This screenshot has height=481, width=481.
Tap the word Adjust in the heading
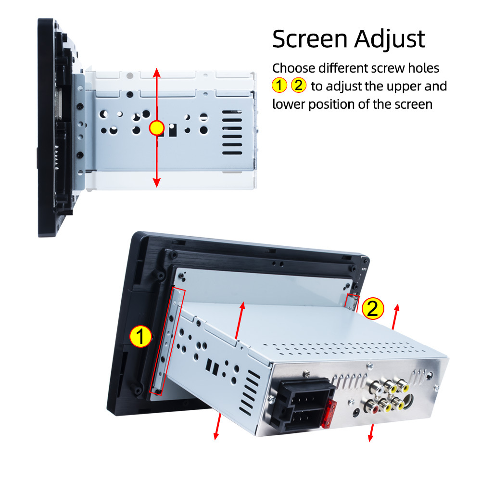click(x=390, y=39)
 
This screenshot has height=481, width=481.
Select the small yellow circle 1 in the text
click(x=279, y=86)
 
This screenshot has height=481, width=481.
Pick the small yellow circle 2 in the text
click(x=298, y=86)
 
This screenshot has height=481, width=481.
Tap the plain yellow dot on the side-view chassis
click(x=157, y=128)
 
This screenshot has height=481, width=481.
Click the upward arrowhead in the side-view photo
click(x=156, y=72)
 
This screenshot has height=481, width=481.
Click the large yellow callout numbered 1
click(x=141, y=337)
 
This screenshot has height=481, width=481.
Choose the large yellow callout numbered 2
click(x=373, y=309)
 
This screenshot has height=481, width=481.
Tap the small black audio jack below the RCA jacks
click(x=355, y=411)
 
